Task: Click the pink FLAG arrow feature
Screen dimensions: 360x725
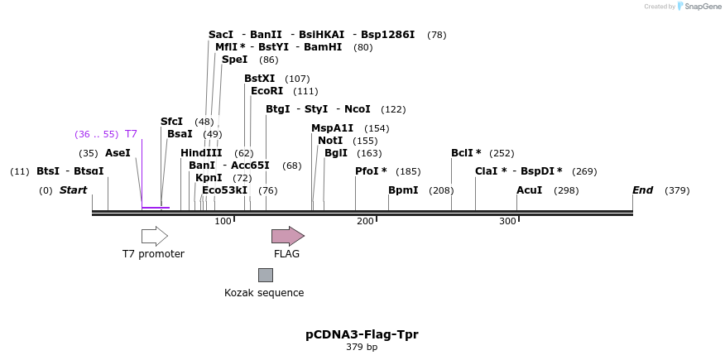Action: coord(287,236)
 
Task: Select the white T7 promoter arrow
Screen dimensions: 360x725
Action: coord(155,236)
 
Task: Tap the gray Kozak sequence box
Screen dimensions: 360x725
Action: coord(265,275)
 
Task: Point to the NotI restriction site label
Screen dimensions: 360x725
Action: coord(329,141)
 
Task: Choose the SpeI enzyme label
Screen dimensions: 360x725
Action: coord(234,60)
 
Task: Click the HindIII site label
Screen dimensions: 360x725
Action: coord(201,153)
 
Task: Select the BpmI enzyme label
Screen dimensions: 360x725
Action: coord(403,190)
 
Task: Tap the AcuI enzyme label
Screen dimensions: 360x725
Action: coord(529,190)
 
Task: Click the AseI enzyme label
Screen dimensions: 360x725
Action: coord(118,153)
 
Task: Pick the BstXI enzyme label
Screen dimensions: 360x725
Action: coord(259,79)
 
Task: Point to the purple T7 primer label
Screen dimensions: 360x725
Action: coord(131,134)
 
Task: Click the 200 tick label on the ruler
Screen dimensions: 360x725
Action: coord(365,221)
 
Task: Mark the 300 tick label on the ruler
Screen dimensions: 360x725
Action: coord(507,221)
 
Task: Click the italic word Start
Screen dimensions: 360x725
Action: coord(73,190)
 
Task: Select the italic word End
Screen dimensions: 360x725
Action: coord(642,190)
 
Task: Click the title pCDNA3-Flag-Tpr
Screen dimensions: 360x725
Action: coord(362,334)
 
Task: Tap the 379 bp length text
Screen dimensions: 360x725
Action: coord(362,347)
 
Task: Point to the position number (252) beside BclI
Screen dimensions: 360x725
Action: coord(502,153)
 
